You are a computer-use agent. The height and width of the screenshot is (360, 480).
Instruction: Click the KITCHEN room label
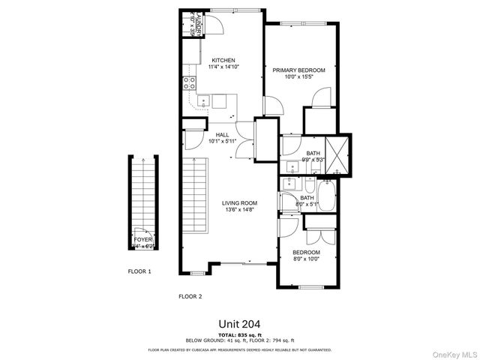[x=223, y=60]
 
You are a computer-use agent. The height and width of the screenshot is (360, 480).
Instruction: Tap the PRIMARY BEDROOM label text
[x=298, y=70]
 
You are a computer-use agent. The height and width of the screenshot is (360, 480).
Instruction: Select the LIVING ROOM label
[x=239, y=202]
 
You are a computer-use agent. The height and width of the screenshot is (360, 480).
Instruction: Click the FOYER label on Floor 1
[x=142, y=239]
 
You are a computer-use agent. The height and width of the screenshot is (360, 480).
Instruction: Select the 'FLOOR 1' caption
[x=139, y=271]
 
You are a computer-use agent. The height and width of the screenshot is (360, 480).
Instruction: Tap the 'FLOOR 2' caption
[x=190, y=296]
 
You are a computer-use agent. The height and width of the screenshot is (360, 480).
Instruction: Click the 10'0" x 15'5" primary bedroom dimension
[x=298, y=76]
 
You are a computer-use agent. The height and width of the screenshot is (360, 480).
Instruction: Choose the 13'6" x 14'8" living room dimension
[x=239, y=209]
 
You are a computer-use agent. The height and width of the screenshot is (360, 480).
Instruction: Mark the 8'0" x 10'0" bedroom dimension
[x=306, y=259]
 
